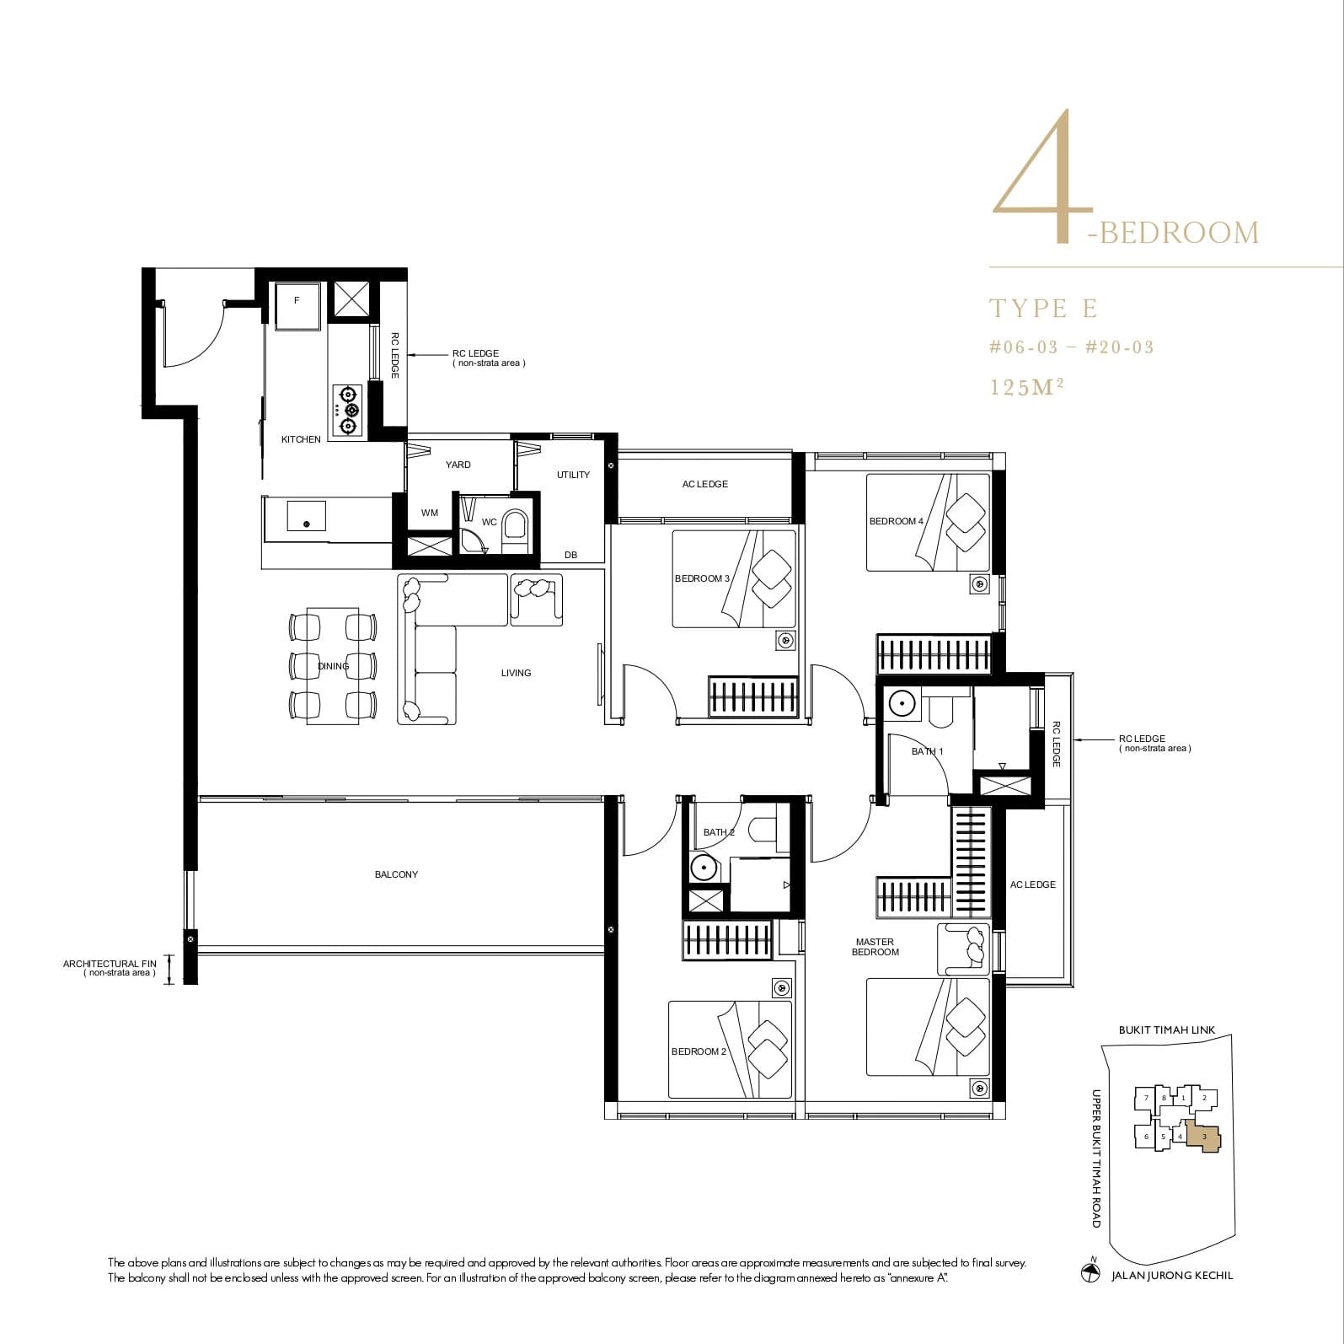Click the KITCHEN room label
[x=301, y=439]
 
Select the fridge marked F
[x=297, y=304]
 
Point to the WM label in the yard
[x=430, y=513]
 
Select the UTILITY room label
[x=573, y=475]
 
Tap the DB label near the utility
[x=570, y=555]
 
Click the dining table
[x=333, y=666]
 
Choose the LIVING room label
[x=516, y=673]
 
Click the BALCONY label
[x=396, y=874]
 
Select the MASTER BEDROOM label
[x=875, y=947]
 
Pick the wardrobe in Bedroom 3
[x=753, y=697]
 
